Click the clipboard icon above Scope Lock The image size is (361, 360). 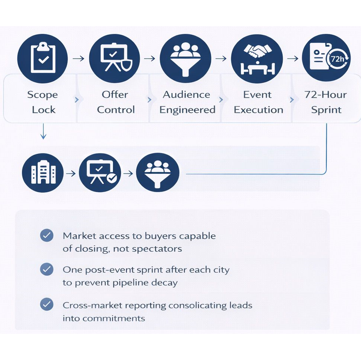pos(43,59)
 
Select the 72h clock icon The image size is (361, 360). pos(326,59)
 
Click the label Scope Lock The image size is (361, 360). pos(43,102)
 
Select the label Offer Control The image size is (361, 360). pos(115,102)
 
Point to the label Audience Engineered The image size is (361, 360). pos(187,102)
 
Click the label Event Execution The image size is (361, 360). pos(258,102)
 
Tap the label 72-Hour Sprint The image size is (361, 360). pos(325,102)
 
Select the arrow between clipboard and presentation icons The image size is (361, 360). pos(78,59)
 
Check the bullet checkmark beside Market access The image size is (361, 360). pos(47,236)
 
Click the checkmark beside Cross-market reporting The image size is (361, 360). pos(47,304)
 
